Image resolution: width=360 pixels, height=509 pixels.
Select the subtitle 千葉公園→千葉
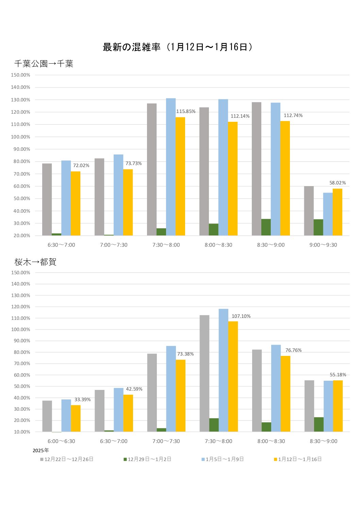44,64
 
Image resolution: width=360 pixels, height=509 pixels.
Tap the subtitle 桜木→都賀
35,262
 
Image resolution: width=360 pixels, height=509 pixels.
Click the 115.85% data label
186,112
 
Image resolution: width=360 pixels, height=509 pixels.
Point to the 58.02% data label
338,183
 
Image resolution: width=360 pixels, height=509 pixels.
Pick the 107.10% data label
241,316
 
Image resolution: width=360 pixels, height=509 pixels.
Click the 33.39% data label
82,399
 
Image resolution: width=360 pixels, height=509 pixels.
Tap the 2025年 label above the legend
41,450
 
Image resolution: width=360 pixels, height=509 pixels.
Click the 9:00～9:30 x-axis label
323,245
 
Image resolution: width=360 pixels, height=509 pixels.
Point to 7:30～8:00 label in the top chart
166,245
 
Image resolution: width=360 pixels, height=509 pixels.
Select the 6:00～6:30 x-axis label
61,441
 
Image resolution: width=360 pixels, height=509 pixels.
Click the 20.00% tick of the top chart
22,235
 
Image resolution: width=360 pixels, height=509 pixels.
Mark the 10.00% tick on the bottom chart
22,432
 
